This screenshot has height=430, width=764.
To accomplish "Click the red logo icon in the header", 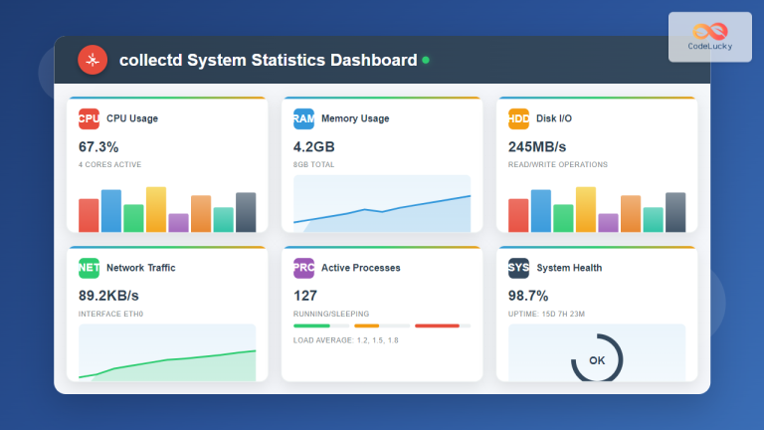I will (x=93, y=61).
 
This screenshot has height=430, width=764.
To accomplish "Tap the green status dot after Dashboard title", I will (x=426, y=61).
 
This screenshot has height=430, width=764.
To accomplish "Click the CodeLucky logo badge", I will (x=709, y=37).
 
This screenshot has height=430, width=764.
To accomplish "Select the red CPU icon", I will (x=89, y=118).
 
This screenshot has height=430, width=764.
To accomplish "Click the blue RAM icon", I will (x=303, y=118).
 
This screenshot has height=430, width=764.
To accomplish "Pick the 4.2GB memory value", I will (x=317, y=147).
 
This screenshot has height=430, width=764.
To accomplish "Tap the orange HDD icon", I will (x=518, y=118).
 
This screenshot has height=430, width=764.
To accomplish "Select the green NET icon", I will (x=89, y=268).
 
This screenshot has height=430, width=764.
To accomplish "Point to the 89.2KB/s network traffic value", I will (x=108, y=296).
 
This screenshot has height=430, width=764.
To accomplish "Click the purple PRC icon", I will (x=303, y=268).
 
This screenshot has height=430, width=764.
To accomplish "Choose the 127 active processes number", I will (x=305, y=296).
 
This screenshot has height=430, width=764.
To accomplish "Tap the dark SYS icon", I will (x=518, y=268).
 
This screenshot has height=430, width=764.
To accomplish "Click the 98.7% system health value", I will (x=528, y=296).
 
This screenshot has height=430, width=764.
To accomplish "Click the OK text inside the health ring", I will (x=597, y=360).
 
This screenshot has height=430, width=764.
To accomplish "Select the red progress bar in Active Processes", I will (x=437, y=325).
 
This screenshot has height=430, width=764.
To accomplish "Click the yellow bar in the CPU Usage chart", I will (x=156, y=209).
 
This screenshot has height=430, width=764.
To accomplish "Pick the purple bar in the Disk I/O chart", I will (x=608, y=222).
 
